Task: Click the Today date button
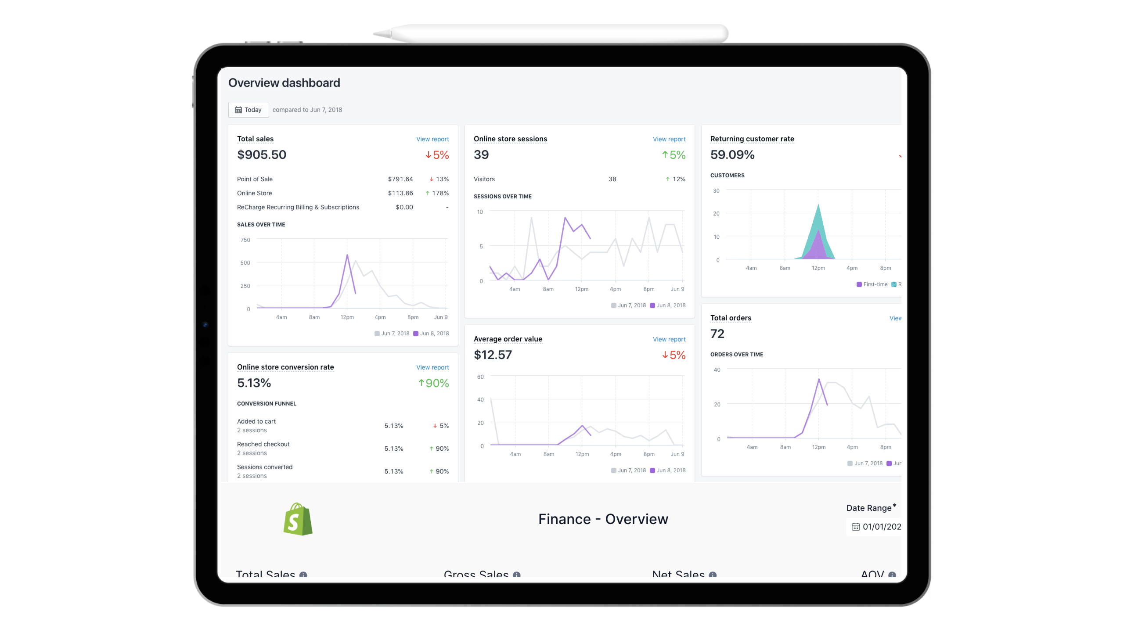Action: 249,110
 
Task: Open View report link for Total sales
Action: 432,139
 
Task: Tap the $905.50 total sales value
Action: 262,154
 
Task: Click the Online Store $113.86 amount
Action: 400,193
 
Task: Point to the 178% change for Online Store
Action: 440,193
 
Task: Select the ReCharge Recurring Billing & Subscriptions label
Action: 298,207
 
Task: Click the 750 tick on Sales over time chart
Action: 245,240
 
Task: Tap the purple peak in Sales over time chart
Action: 347,255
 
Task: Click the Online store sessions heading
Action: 510,139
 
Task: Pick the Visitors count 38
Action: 612,179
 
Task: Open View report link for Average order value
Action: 669,339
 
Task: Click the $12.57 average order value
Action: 493,355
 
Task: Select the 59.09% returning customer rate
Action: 732,154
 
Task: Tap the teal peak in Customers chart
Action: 818,205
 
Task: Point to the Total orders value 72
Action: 717,334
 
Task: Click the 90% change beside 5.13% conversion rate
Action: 436,383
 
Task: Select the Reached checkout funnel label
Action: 263,444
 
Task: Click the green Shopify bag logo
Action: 298,519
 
